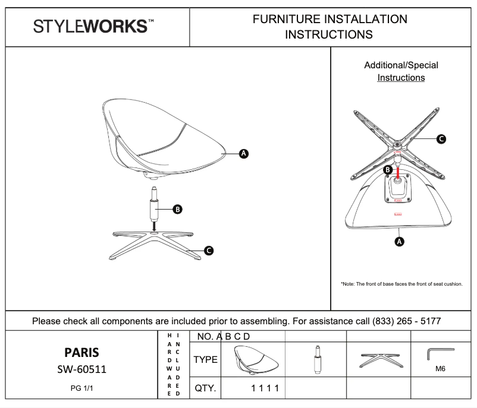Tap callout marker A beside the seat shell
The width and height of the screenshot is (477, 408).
pyautogui.click(x=243, y=154)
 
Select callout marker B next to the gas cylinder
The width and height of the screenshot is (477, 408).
pyautogui.click(x=177, y=209)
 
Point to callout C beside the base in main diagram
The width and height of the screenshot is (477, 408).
pyautogui.click(x=209, y=251)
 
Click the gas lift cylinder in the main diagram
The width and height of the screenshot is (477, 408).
pyautogui.click(x=153, y=205)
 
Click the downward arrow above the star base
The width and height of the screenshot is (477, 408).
pyautogui.click(x=153, y=226)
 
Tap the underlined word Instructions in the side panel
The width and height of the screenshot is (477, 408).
pyautogui.click(x=401, y=78)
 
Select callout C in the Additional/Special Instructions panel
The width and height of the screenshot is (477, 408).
pyautogui.click(x=441, y=139)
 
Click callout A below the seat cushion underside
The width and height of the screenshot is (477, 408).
pyautogui.click(x=400, y=241)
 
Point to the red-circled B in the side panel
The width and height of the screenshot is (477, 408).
pyautogui.click(x=387, y=170)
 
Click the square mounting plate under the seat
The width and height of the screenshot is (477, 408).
pyautogui.click(x=396, y=187)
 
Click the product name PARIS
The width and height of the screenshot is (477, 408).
pyautogui.click(x=81, y=353)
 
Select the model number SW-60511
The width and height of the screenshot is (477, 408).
pyautogui.click(x=81, y=369)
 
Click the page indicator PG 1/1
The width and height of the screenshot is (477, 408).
pyautogui.click(x=81, y=390)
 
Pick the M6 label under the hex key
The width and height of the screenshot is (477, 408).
pyautogui.click(x=440, y=369)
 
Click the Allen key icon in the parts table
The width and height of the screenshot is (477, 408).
pyautogui.click(x=437, y=354)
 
